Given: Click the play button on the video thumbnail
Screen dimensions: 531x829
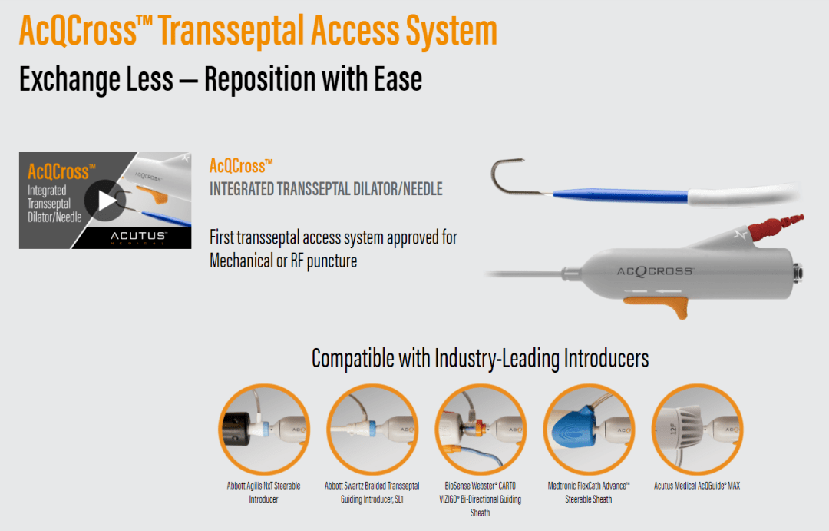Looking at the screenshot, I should click(x=106, y=201).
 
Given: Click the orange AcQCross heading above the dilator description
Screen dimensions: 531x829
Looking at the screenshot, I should click(x=241, y=165).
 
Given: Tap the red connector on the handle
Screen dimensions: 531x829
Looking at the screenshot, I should click(x=775, y=231).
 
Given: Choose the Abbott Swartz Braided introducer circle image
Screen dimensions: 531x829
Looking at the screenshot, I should click(x=372, y=429).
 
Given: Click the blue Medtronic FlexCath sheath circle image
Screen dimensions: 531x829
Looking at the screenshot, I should click(x=588, y=429).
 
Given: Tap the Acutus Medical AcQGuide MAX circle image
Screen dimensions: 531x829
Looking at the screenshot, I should click(x=696, y=429).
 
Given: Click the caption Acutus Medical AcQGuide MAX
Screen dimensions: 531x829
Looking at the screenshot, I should click(x=696, y=486).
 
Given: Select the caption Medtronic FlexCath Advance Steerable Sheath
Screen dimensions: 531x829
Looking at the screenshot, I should click(x=589, y=492).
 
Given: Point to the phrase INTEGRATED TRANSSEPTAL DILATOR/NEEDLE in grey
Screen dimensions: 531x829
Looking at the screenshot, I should click(x=325, y=188).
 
